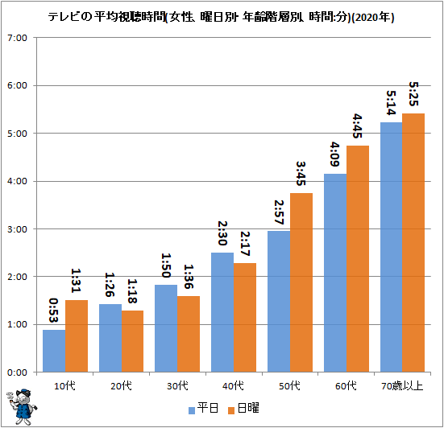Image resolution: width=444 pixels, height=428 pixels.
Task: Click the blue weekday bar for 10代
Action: click(x=54, y=351)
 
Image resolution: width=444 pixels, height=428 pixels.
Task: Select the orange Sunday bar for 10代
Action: click(x=77, y=336)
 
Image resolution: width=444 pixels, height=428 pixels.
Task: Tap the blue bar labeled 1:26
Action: click(x=110, y=338)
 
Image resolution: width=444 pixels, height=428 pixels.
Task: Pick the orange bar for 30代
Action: click(x=189, y=334)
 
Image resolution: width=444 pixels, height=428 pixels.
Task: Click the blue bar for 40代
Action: click(x=222, y=312)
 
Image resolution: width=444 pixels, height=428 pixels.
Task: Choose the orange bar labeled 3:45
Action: click(x=301, y=282)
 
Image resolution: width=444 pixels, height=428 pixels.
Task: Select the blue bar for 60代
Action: click(x=335, y=273)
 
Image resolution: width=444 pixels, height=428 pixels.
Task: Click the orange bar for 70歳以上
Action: click(x=413, y=243)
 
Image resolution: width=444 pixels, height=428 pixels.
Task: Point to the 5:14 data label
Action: click(x=391, y=103)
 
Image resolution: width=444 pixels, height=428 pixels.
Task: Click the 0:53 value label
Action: click(x=53, y=310)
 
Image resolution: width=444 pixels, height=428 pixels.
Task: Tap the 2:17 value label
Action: click(x=245, y=244)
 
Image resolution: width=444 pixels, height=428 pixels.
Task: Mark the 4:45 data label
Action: click(x=357, y=126)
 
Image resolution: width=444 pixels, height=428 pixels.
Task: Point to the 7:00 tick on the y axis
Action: click(x=17, y=38)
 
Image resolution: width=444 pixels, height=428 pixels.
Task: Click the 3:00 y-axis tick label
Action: click(x=17, y=229)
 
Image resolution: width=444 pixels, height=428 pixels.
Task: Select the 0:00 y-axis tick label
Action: click(x=17, y=372)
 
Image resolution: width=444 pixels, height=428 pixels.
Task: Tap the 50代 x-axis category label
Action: click(x=289, y=386)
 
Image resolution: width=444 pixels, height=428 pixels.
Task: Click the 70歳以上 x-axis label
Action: click(x=402, y=386)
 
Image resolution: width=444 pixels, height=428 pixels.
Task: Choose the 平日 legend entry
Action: click(x=204, y=408)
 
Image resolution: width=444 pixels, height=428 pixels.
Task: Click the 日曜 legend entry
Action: click(x=243, y=408)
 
